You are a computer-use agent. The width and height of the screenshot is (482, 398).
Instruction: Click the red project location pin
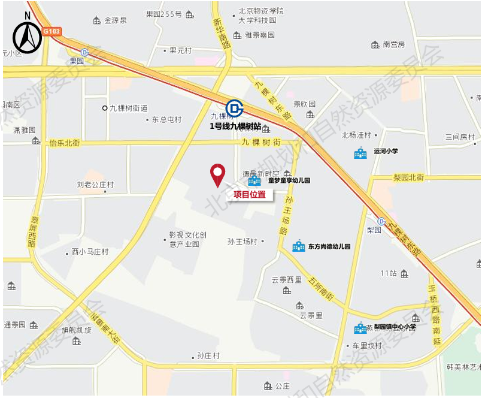[x=217, y=174]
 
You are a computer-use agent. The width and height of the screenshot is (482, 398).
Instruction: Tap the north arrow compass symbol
[x=28, y=35]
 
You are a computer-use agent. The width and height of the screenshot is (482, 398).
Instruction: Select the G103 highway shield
[x=51, y=31]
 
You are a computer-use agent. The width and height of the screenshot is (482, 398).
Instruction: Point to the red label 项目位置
[x=250, y=194]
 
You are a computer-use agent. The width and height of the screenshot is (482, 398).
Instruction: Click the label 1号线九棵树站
[x=235, y=126]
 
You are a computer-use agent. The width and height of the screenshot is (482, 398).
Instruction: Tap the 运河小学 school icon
[x=360, y=153]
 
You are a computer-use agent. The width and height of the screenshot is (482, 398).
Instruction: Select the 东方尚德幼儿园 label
[x=329, y=246]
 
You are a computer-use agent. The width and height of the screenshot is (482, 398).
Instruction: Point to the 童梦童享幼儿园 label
[x=289, y=180]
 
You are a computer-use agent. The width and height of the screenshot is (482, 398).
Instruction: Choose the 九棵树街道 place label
[x=128, y=108]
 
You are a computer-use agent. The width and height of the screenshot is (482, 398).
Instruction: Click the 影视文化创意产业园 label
[x=187, y=239]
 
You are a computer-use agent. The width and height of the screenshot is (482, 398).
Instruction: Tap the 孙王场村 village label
[x=242, y=242]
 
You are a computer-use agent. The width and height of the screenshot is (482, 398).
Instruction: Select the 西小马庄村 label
[x=90, y=252]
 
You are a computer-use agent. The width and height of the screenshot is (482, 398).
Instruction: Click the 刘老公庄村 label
[x=95, y=185]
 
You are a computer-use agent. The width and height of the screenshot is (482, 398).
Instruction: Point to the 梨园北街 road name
[x=408, y=177]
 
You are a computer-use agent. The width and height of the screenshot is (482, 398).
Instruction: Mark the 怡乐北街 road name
[x=65, y=143]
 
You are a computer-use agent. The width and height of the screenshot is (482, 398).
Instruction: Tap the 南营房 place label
[x=394, y=44]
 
